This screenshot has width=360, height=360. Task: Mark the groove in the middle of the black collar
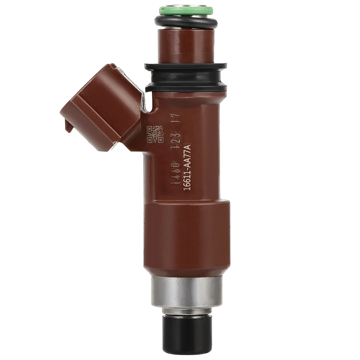(186, 78)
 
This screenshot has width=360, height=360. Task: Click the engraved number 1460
(175, 180)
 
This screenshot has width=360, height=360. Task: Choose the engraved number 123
(175, 147)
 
